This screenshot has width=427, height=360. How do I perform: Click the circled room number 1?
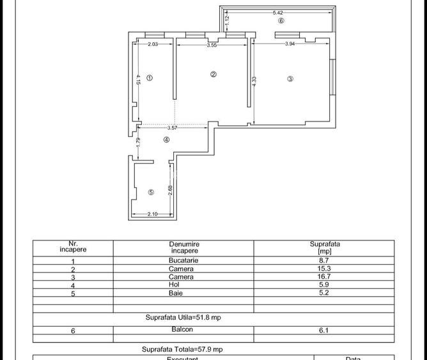pyautogui.click(x=150, y=78)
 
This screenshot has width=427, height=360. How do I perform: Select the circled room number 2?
pyautogui.click(x=213, y=74)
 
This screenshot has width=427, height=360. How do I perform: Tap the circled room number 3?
pyautogui.click(x=290, y=79)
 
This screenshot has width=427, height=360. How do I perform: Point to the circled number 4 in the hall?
pyautogui.click(x=167, y=139)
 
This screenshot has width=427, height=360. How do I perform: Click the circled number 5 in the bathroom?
pyautogui.click(x=151, y=192)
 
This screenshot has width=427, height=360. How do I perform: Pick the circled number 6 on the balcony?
pyautogui.click(x=281, y=20)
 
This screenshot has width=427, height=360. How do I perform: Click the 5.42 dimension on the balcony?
pyautogui.click(x=277, y=13)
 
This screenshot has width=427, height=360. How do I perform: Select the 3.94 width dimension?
pyautogui.click(x=290, y=43)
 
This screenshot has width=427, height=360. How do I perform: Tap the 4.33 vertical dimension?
pyautogui.click(x=254, y=83)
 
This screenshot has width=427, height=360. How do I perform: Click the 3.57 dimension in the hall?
pyautogui.click(x=173, y=128)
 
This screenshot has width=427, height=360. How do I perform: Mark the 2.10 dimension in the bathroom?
pyautogui.click(x=152, y=214)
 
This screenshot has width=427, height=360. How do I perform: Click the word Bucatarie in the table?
pyautogui.click(x=184, y=260)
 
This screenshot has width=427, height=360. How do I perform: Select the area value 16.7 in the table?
pyautogui.click(x=324, y=277)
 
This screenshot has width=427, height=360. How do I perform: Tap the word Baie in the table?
pyautogui.click(x=184, y=293)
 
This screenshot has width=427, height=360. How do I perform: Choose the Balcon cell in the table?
pyautogui.click(x=182, y=329)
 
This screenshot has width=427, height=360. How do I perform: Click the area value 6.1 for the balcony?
pyautogui.click(x=324, y=330)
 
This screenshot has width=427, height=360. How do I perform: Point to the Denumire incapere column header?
pyautogui.click(x=184, y=248)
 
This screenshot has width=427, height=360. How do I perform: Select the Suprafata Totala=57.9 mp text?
pyautogui.click(x=182, y=349)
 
